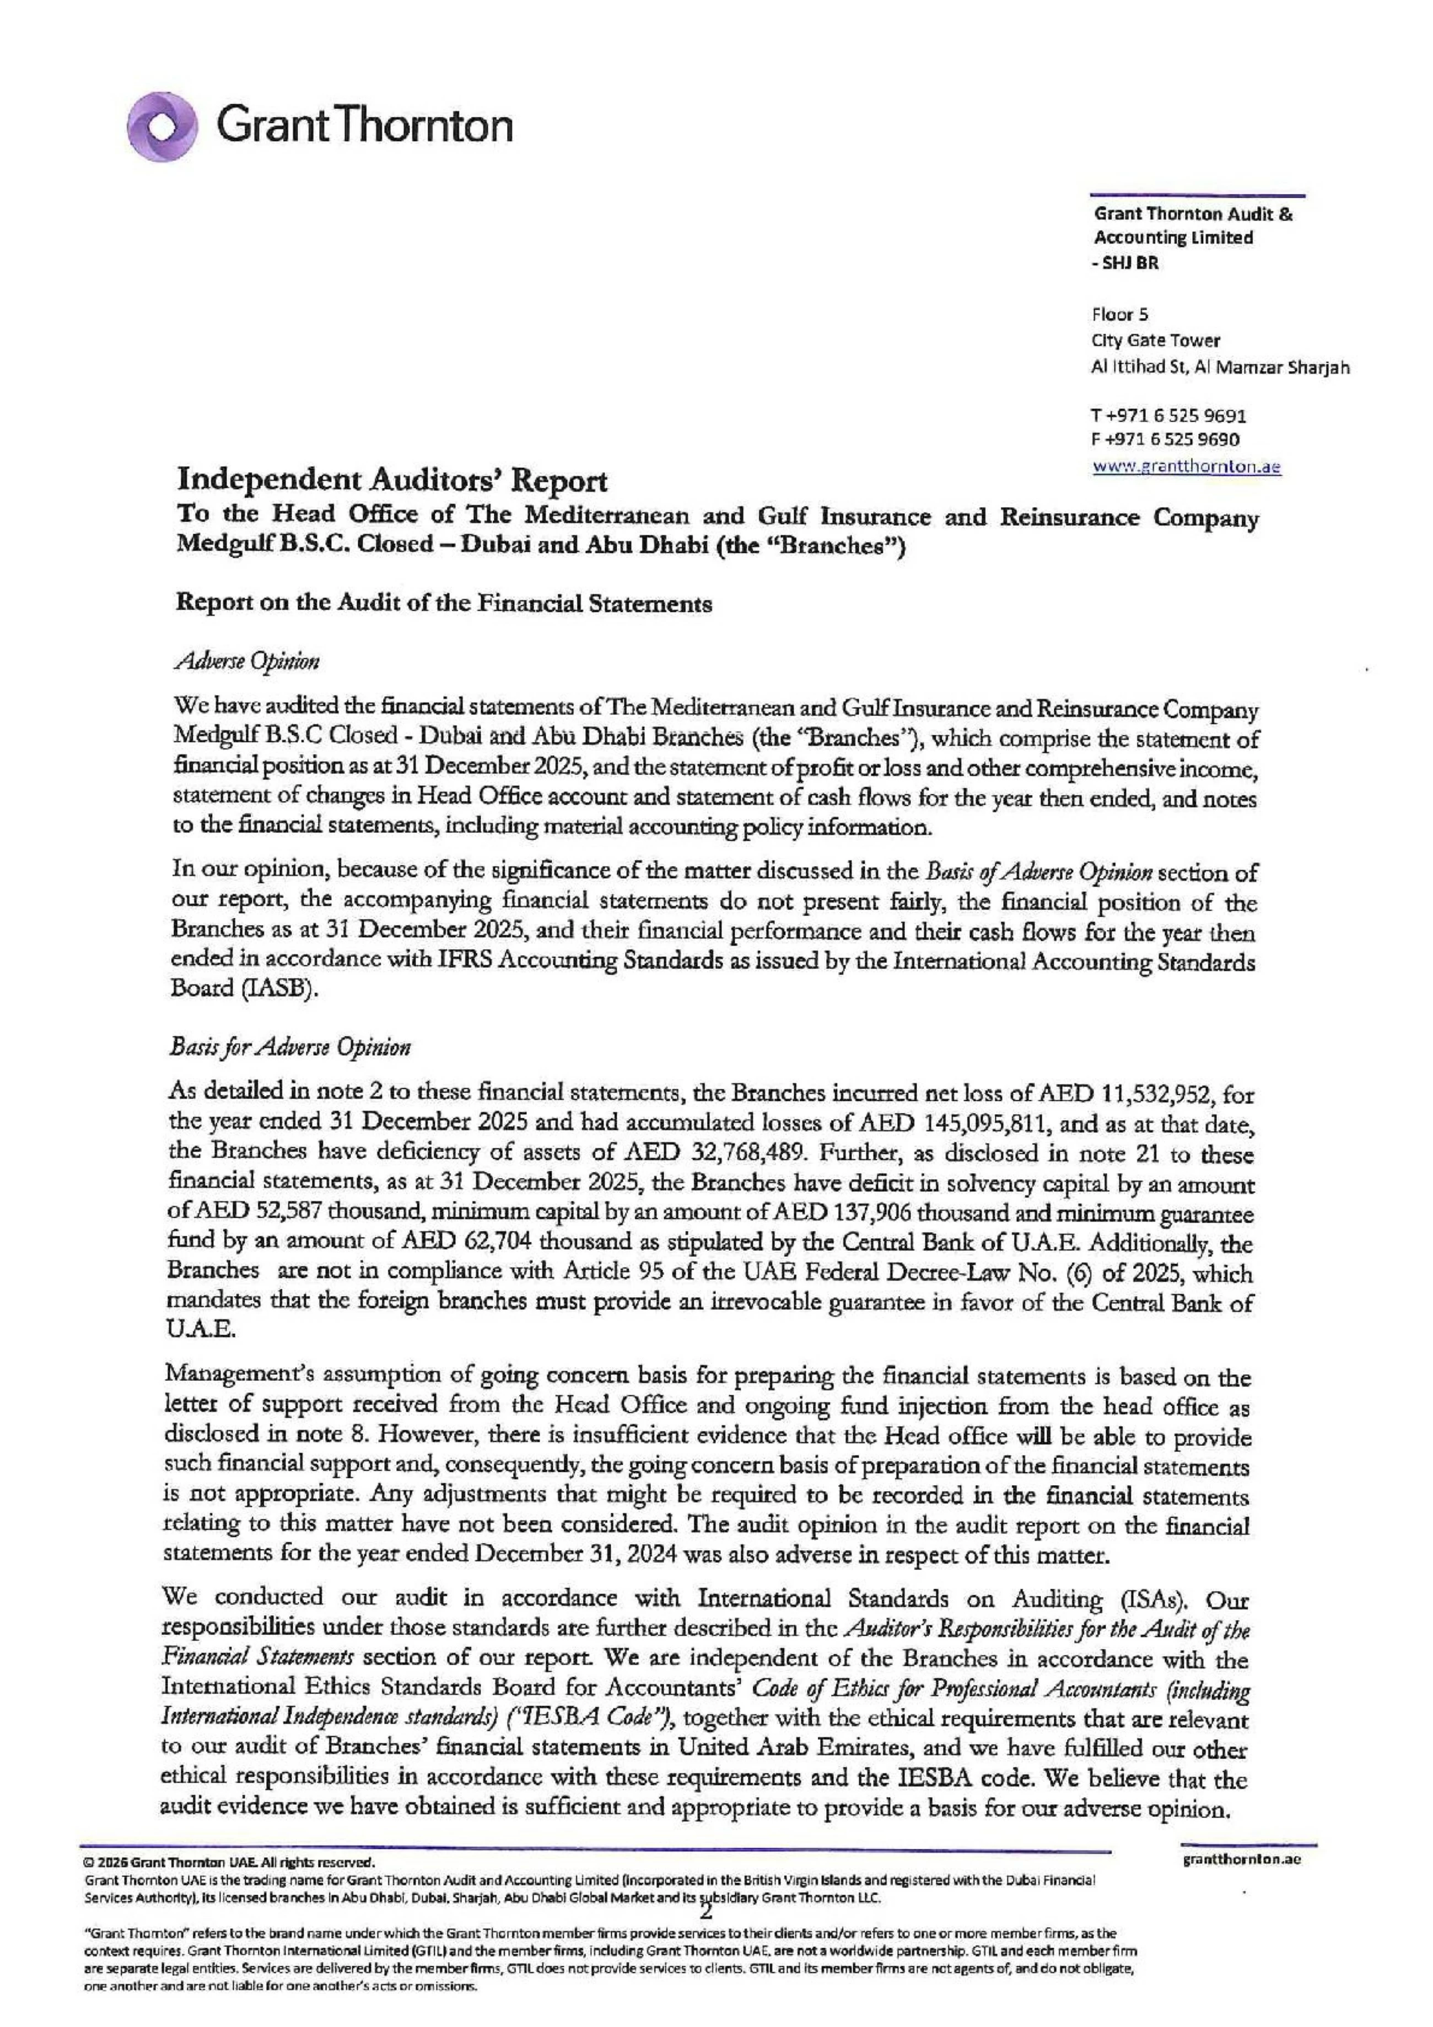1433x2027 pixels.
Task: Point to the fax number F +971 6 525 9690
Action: [x=1166, y=440]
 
